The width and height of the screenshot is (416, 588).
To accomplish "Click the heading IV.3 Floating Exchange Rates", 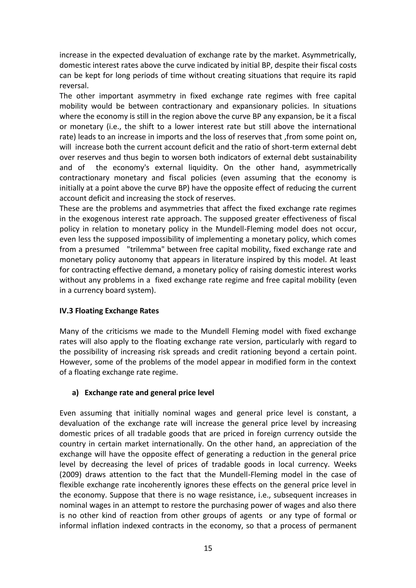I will pyautogui.click(x=109, y=311).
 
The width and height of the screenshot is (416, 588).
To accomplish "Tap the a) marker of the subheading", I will pyautogui.click(x=75, y=393).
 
